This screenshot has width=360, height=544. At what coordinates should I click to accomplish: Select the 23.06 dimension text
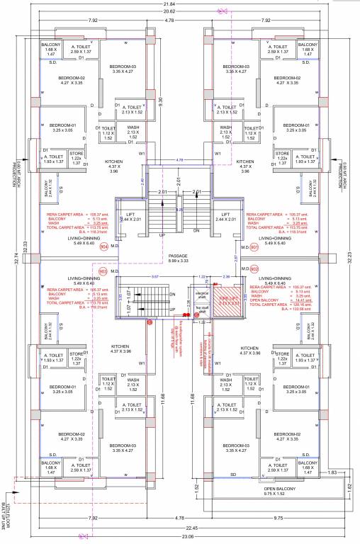(179, 540)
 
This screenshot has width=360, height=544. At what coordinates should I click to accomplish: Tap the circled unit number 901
(254, 247)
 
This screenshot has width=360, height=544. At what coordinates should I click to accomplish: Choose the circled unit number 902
(254, 268)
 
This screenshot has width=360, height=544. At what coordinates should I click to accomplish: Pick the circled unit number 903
(102, 271)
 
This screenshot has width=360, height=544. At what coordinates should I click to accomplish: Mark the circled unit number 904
(104, 247)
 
